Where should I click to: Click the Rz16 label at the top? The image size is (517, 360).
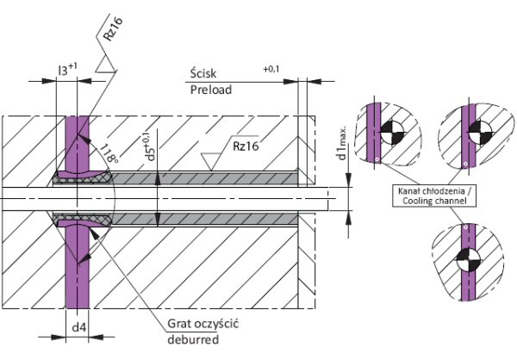(113, 28)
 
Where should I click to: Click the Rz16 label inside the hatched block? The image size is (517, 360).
(246, 146)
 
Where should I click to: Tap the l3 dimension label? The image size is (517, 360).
(67, 69)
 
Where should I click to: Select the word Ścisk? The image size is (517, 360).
(203, 73)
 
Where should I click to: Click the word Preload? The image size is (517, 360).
(211, 90)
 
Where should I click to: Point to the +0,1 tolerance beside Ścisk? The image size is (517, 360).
(271, 69)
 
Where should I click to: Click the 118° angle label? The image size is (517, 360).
(109, 153)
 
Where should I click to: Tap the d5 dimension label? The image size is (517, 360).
(149, 146)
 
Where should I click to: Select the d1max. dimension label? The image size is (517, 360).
(342, 142)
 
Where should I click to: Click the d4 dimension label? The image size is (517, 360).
(79, 327)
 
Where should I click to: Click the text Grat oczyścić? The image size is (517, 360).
(202, 324)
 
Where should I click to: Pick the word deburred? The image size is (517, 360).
(193, 339)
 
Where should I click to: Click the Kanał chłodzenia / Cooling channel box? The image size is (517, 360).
(434, 196)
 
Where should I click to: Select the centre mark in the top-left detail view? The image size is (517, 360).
(393, 133)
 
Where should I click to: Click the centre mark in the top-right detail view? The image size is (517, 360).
(480, 133)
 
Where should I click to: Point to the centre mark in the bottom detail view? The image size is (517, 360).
(468, 259)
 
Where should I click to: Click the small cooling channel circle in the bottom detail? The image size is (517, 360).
(465, 227)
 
